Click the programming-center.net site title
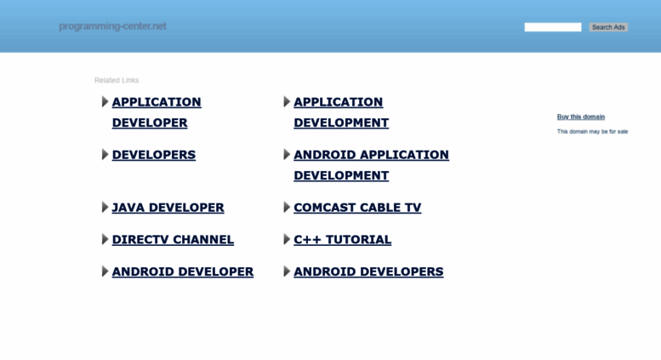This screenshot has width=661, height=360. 112,26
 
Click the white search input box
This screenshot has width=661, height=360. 553,27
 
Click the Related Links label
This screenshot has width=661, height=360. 117,80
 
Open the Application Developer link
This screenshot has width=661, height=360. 157,112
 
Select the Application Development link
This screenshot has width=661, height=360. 341,112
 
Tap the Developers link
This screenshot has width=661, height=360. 154,155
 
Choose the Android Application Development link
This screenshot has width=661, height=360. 372,165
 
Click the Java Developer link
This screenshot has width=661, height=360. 168,208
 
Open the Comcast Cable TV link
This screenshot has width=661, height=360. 357,208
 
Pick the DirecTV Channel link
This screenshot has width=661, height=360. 173,239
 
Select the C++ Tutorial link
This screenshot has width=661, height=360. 342,239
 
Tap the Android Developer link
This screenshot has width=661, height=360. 183,271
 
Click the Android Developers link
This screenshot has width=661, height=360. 368,271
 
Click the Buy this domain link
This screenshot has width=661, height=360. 581,117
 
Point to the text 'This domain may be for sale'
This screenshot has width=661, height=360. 592,132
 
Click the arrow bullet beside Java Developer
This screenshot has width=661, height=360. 105,208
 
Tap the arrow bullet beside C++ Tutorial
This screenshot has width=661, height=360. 287,239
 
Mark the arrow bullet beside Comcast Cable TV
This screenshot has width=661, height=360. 287,208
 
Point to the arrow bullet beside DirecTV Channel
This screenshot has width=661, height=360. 105,239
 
